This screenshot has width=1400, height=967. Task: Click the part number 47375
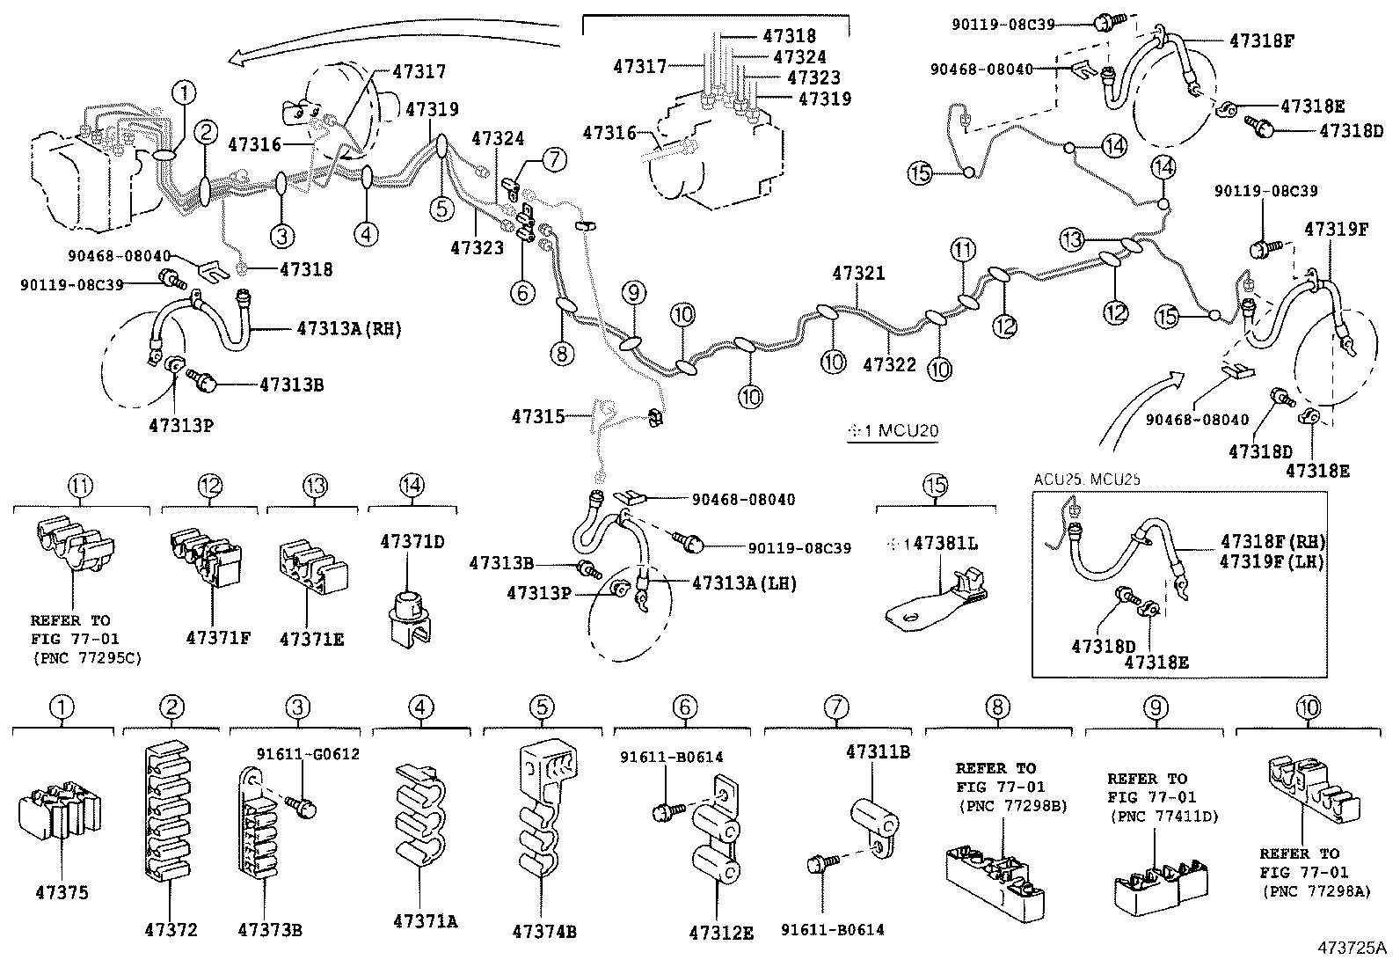click(x=62, y=892)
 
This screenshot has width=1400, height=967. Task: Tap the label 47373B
click(x=269, y=929)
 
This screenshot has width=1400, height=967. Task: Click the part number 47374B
click(x=544, y=931)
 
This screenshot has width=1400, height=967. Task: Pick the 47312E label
click(x=721, y=933)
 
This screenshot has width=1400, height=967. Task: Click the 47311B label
click(x=878, y=751)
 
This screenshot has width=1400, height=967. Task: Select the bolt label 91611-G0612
click(x=308, y=754)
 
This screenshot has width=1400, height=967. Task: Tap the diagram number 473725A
click(x=1351, y=948)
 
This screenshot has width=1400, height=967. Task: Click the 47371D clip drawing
click(x=407, y=617)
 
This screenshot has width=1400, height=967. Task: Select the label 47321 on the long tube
click(x=859, y=275)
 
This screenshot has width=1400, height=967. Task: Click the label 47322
click(x=889, y=364)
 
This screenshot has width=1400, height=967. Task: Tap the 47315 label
click(x=540, y=414)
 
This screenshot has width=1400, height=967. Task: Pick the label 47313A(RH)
click(x=348, y=329)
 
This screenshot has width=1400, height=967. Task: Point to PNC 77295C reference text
click(x=85, y=657)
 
